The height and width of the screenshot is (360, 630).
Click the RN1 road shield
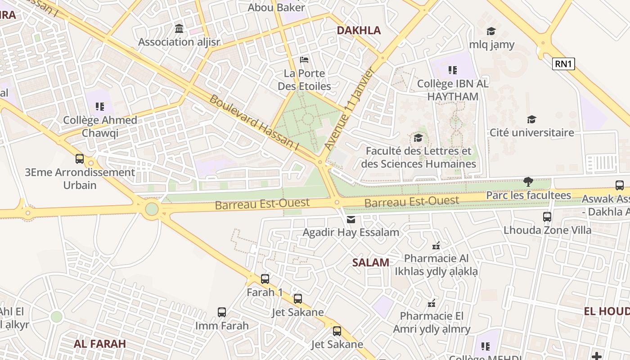click(x=563, y=63)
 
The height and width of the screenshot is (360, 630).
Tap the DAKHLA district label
click(x=359, y=30)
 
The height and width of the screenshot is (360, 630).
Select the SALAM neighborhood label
click(x=370, y=262)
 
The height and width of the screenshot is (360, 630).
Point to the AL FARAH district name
click(x=100, y=344)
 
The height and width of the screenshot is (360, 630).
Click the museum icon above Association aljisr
click(x=179, y=29)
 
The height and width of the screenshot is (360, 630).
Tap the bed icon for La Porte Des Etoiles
click(x=304, y=60)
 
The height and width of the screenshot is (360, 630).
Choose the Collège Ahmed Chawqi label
click(x=100, y=126)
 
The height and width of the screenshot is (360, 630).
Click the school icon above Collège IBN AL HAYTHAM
click(x=453, y=70)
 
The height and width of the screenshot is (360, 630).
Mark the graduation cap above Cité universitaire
click(x=531, y=119)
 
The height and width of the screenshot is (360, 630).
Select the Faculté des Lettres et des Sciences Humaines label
click(x=418, y=157)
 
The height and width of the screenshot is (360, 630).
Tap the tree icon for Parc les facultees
click(x=528, y=182)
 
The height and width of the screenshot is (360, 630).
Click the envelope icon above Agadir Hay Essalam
click(x=351, y=219)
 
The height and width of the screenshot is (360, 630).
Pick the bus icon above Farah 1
click(x=265, y=279)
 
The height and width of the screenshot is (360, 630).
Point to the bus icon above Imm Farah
click(x=222, y=312)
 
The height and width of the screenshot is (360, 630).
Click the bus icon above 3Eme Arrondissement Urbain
click(x=80, y=158)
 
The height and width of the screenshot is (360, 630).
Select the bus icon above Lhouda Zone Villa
click(x=547, y=216)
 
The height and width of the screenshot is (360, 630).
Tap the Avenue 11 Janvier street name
click(x=349, y=109)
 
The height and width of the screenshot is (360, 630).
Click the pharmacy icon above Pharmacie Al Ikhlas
click(x=436, y=246)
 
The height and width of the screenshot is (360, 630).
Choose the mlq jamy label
click(x=491, y=45)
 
